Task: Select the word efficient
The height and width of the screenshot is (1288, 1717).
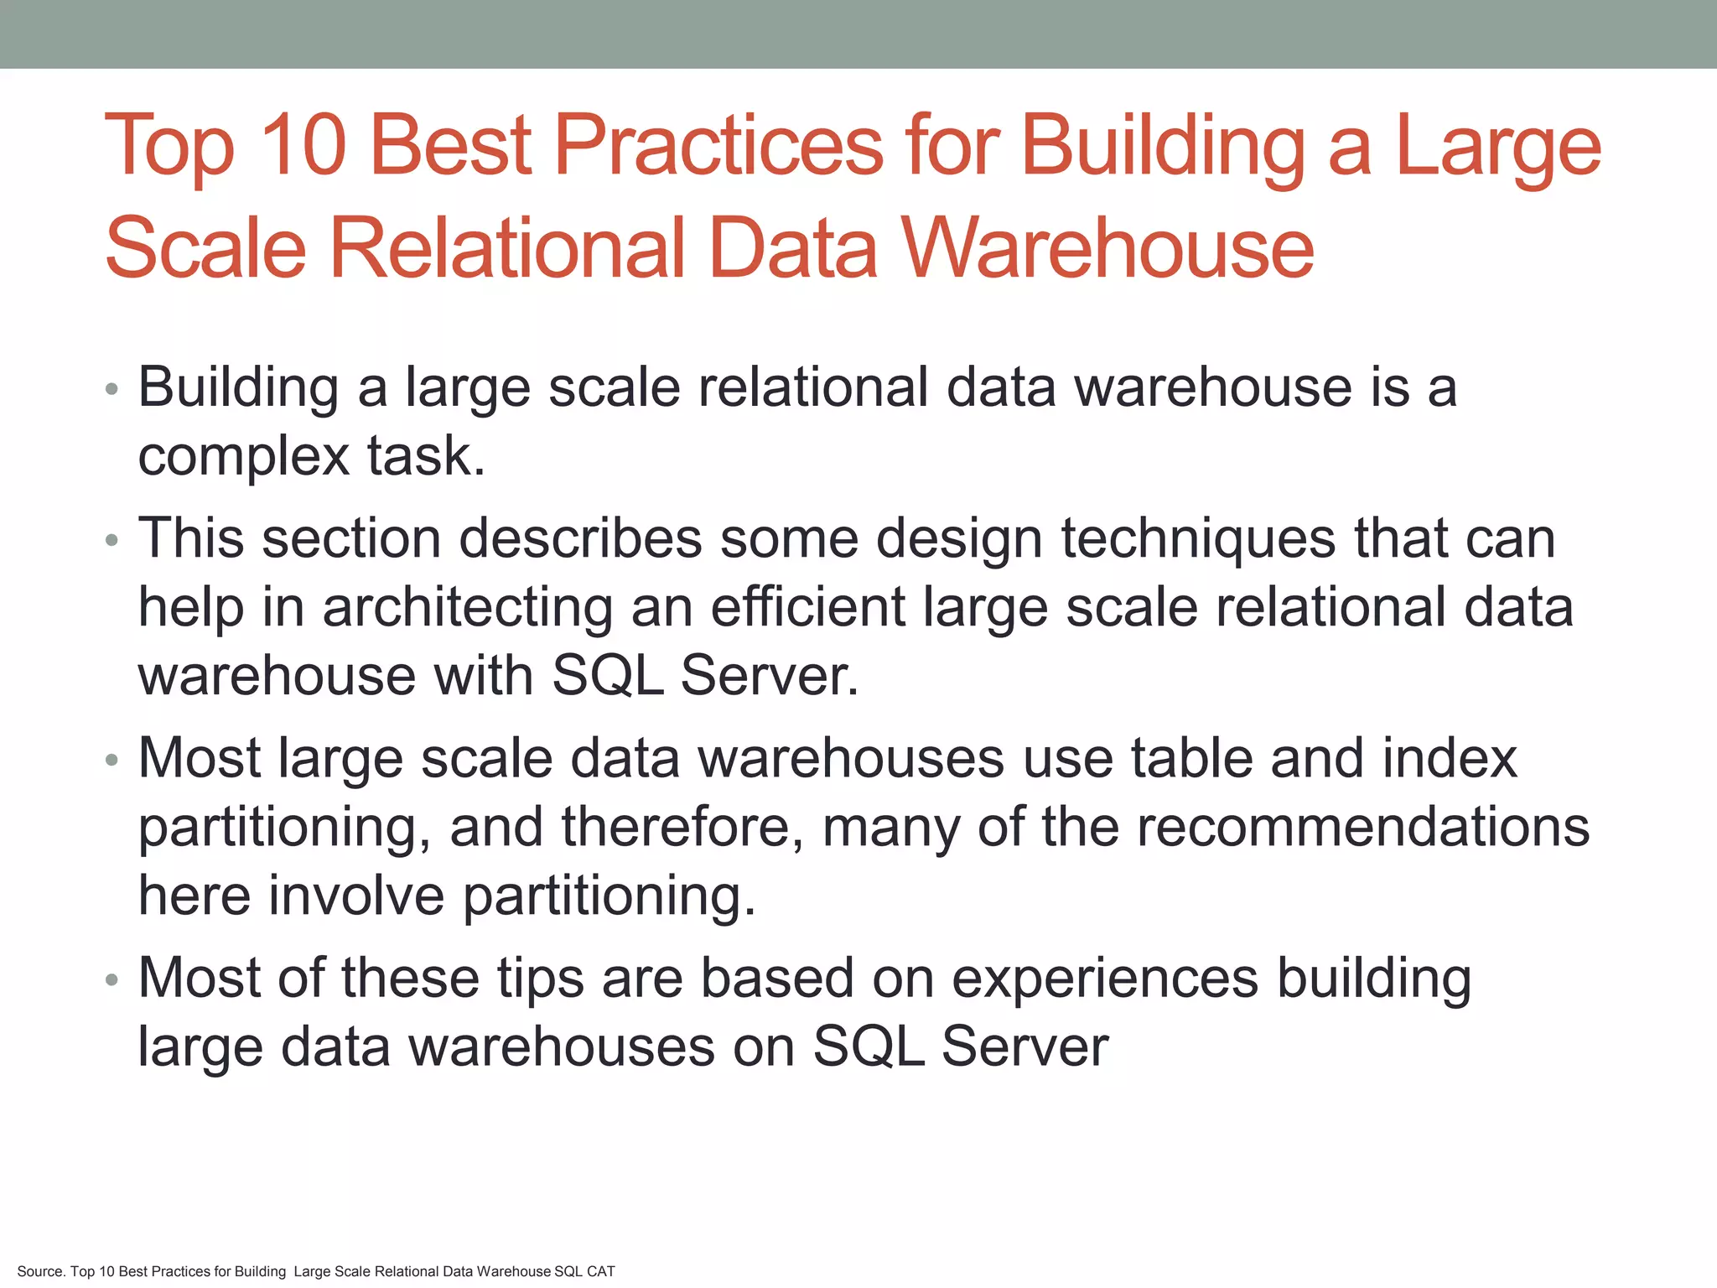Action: point(808,607)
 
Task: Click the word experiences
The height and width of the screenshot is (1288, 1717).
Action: point(1105,979)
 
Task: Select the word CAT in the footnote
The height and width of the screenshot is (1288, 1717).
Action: point(601,1271)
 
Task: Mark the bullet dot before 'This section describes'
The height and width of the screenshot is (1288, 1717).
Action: point(112,541)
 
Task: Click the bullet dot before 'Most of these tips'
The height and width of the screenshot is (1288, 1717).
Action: point(112,980)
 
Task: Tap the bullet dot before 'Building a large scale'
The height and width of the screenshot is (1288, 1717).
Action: point(112,390)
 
